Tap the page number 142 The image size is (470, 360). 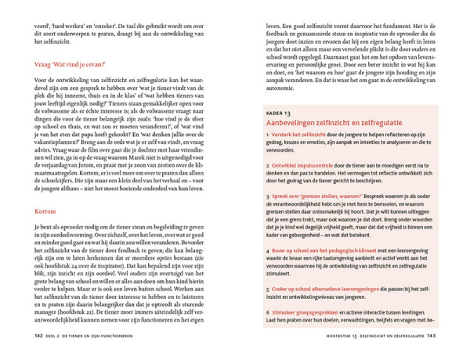click(39, 337)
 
